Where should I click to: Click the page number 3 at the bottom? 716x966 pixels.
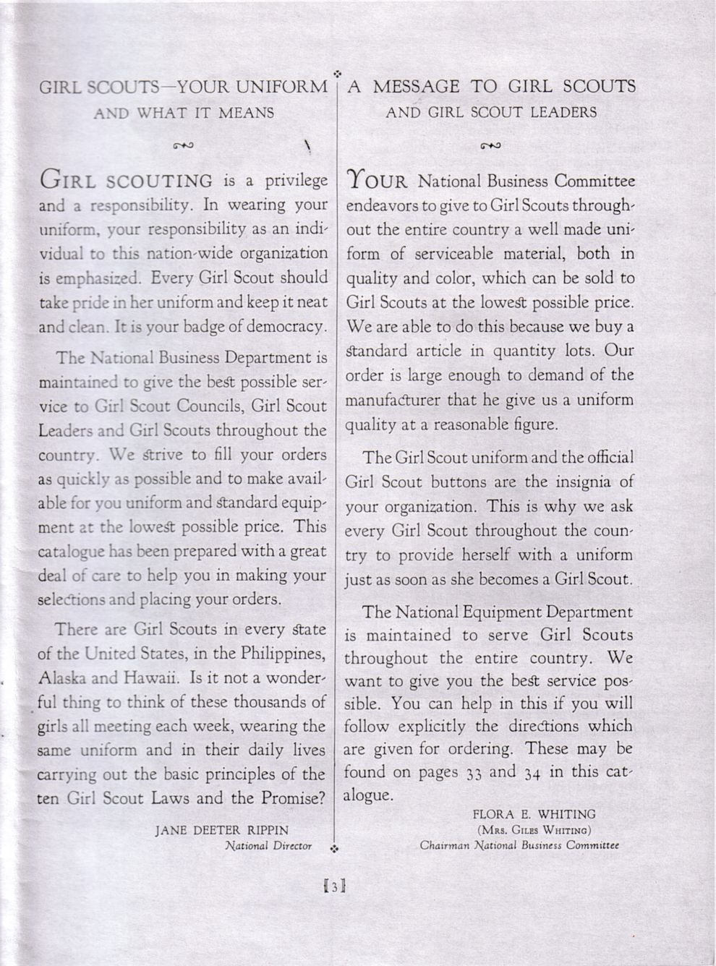335,886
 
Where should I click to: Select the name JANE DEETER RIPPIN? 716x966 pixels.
222,830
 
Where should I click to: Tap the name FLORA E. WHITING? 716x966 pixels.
534,814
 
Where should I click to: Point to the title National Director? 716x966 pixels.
268,845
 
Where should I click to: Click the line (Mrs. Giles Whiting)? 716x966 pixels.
534,829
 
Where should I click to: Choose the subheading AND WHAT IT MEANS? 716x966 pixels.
184,113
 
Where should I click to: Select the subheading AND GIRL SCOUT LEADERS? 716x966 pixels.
491,112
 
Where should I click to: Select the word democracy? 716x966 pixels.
287,326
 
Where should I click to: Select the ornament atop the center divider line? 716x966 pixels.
337,73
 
